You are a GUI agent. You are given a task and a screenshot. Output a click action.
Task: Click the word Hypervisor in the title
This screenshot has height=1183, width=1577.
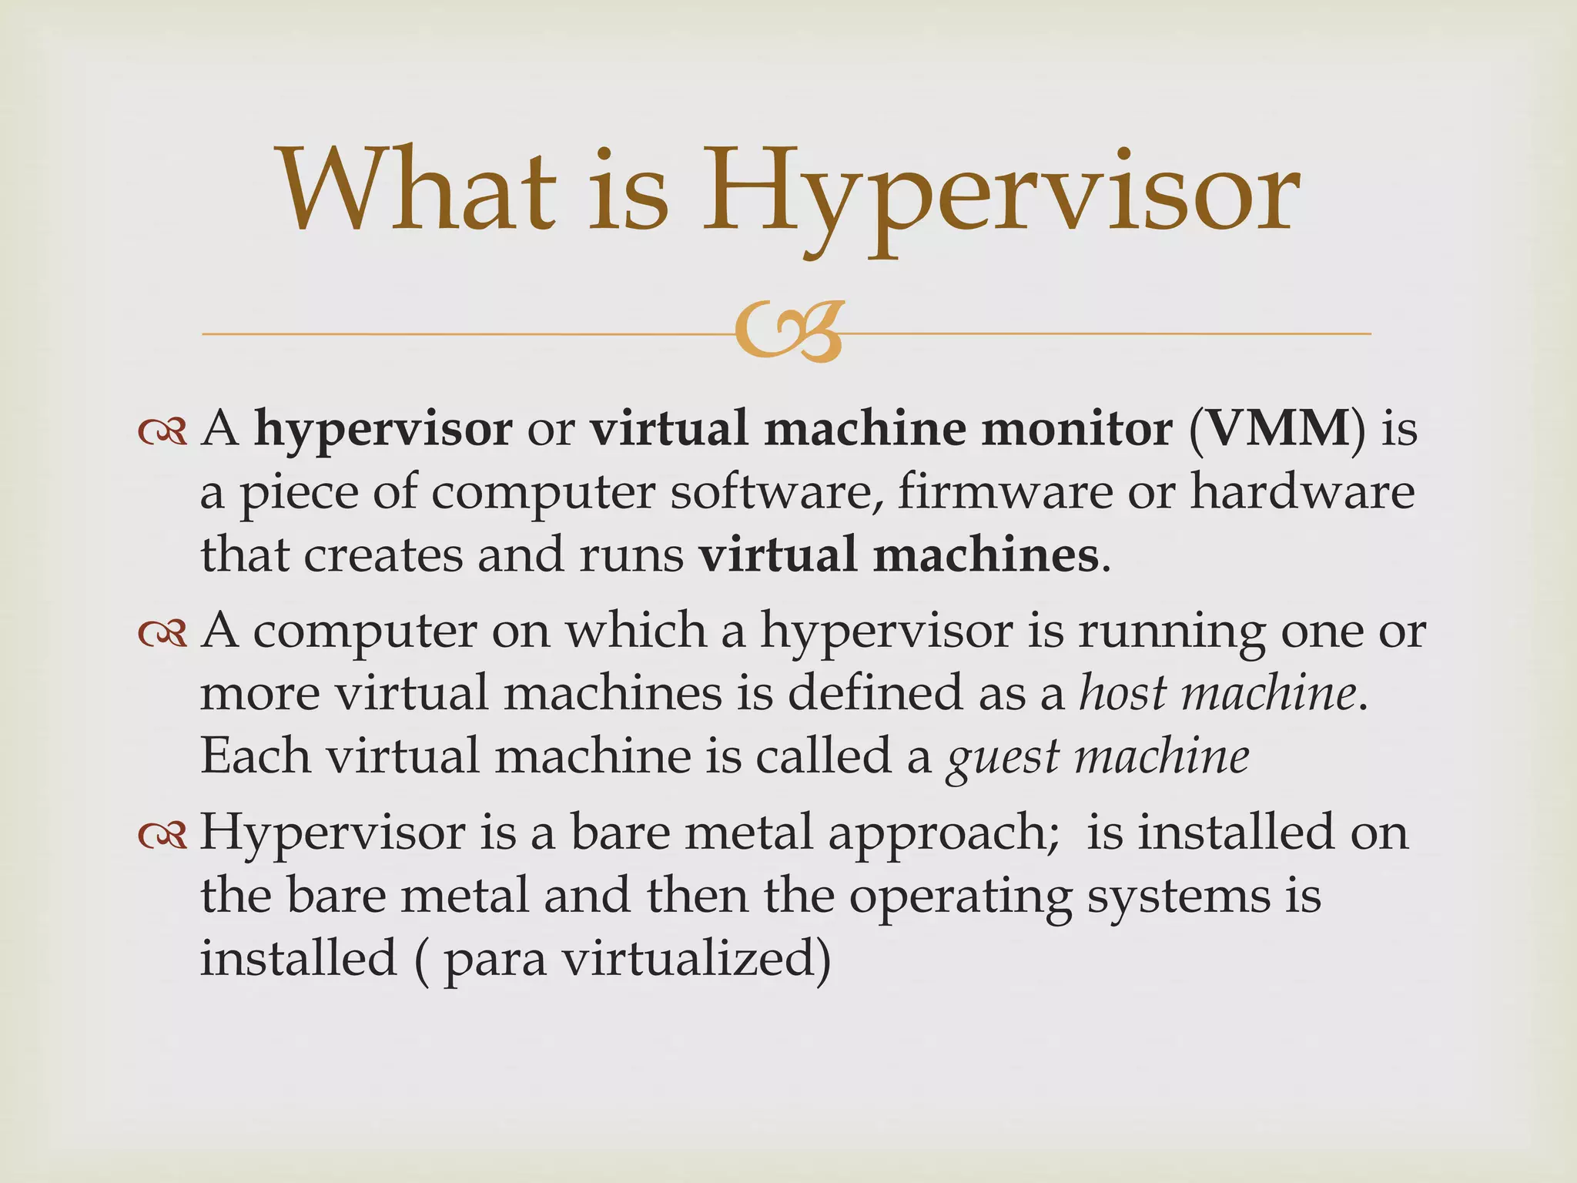[1001, 193]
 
